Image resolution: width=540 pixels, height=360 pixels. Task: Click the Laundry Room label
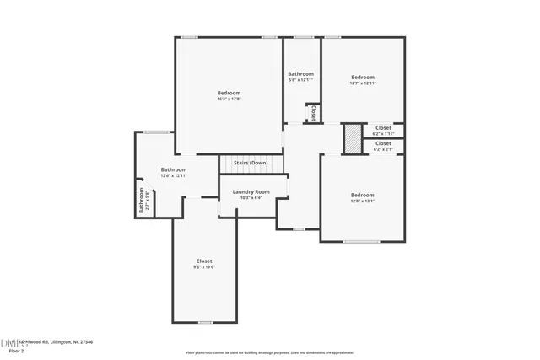(x=251, y=192)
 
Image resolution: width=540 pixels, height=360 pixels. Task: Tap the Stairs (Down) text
(x=251, y=163)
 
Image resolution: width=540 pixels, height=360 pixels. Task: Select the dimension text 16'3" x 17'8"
(x=229, y=99)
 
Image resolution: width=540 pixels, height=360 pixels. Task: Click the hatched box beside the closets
(x=352, y=139)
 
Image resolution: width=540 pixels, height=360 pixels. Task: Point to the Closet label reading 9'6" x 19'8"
(x=204, y=261)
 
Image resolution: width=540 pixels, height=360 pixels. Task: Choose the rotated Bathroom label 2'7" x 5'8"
(x=142, y=201)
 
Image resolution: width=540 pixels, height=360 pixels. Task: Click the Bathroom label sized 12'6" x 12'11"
(x=174, y=169)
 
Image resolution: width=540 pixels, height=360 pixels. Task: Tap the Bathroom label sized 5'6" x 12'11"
(x=301, y=74)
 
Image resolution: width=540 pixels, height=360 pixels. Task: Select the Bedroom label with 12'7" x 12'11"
(x=363, y=78)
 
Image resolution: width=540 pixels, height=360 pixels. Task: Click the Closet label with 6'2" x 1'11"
(x=383, y=128)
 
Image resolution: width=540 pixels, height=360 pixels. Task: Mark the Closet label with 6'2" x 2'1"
(x=383, y=144)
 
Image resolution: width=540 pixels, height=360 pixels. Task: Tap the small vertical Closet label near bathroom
(x=312, y=112)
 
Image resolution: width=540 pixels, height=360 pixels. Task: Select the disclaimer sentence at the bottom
(x=269, y=353)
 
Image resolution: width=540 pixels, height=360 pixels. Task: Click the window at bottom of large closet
(x=205, y=322)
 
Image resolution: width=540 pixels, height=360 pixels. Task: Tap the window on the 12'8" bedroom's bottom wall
(x=361, y=242)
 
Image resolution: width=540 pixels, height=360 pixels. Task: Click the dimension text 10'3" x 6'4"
(x=251, y=199)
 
